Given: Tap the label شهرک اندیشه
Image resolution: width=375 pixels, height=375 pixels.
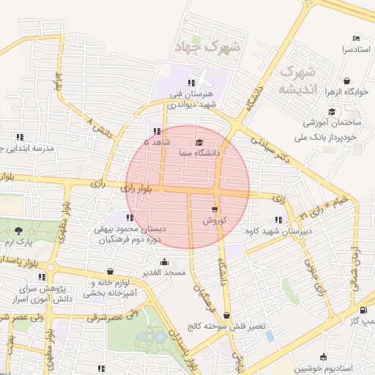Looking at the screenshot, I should pyautogui.click(x=297, y=81).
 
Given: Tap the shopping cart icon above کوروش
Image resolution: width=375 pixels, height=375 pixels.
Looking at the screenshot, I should pyautogui.click(x=214, y=209).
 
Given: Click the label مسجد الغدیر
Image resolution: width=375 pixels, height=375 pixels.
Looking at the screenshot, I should pyautogui.click(x=165, y=272).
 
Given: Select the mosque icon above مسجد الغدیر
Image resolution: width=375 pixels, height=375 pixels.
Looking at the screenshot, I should pyautogui.click(x=164, y=261).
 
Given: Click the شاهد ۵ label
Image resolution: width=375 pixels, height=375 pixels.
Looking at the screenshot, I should pyautogui.click(x=157, y=142).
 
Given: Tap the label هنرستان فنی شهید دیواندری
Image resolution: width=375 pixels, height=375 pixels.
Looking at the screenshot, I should pyautogui.click(x=191, y=100).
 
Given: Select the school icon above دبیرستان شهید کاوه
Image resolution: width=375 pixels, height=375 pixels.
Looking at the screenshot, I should pyautogui.click(x=278, y=220).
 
